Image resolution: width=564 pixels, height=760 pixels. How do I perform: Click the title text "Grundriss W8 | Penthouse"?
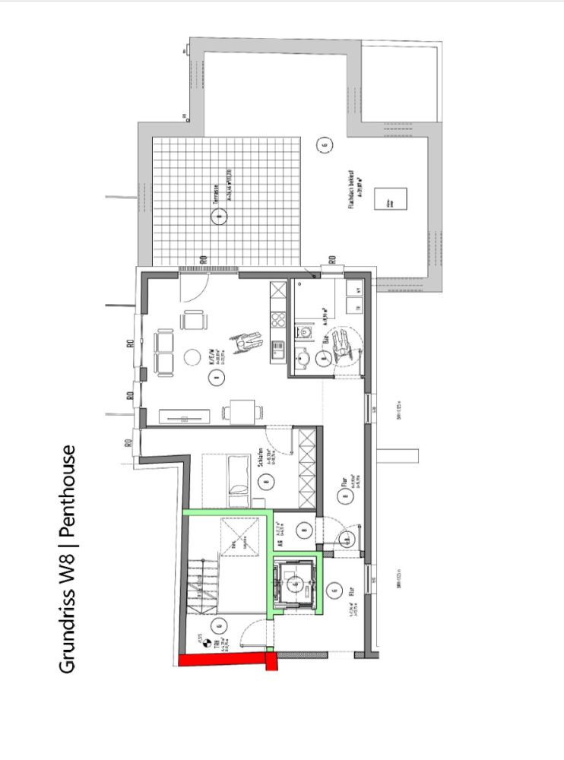coord(67,559)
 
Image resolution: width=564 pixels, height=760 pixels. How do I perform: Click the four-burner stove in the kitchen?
coord(277,319)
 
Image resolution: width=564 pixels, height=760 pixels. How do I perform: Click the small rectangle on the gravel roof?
coord(393,201)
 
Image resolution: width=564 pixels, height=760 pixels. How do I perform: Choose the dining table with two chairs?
coord(242,413)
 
